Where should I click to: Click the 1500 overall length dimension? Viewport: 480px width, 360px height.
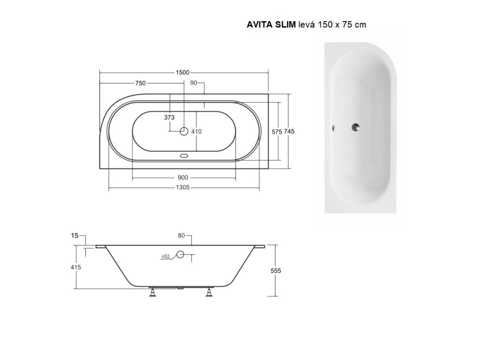coord(183,72)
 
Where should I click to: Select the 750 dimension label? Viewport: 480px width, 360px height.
coord(140,83)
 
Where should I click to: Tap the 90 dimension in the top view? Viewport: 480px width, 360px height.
coord(194,83)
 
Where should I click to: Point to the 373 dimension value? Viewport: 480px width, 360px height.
coord(169,117)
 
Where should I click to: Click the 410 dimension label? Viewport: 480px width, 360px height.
coord(196,132)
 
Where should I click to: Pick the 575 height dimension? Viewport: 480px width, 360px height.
coord(277,132)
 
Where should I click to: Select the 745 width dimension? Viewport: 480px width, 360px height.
coord(289,132)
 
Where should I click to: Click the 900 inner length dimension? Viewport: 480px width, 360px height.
coord(183,178)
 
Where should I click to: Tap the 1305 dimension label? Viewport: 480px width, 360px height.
coord(183,187)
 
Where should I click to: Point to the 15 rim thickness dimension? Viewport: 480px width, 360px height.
coord(75,236)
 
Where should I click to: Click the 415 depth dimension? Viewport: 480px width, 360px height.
coord(76,267)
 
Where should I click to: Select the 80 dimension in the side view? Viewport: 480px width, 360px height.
coord(181,236)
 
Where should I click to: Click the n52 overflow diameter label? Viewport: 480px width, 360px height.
coord(165,256)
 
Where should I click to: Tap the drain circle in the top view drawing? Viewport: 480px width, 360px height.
coord(184,132)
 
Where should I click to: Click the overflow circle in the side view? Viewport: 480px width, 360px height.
coord(180,255)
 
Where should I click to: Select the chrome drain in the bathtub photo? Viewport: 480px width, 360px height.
coord(356,127)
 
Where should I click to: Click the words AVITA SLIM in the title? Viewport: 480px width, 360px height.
coord(271,25)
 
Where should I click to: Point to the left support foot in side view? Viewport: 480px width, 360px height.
coord(153,293)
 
